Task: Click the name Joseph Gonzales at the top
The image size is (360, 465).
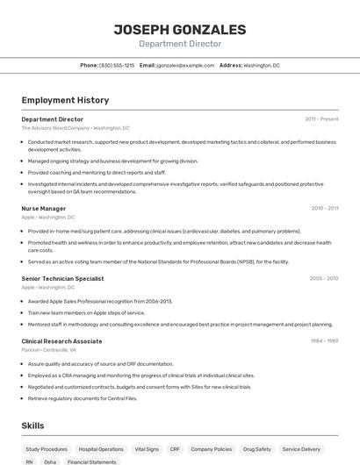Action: [179, 30]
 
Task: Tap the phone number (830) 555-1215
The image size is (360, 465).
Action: [117, 65]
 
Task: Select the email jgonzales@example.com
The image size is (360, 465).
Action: [185, 65]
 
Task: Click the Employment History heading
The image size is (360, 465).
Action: [65, 100]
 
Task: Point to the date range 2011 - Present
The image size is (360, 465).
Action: [321, 118]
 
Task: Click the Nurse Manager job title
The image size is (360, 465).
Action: [44, 209]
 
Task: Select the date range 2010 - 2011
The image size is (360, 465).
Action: [324, 209]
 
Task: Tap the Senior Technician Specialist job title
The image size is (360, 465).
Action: [62, 278]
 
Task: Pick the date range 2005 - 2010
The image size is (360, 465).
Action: [323, 278]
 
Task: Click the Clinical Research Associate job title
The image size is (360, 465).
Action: [61, 340]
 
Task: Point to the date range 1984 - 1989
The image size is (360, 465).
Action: [324, 340]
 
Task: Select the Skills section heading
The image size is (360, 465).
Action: [33, 426]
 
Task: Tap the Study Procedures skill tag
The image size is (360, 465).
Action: [47, 448]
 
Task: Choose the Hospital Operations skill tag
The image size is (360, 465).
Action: [101, 448]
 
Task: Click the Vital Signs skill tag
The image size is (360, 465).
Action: [147, 448]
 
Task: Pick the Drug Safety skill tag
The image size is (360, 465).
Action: [257, 448]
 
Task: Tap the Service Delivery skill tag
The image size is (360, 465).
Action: [301, 448]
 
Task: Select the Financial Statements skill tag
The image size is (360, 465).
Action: [92, 461]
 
